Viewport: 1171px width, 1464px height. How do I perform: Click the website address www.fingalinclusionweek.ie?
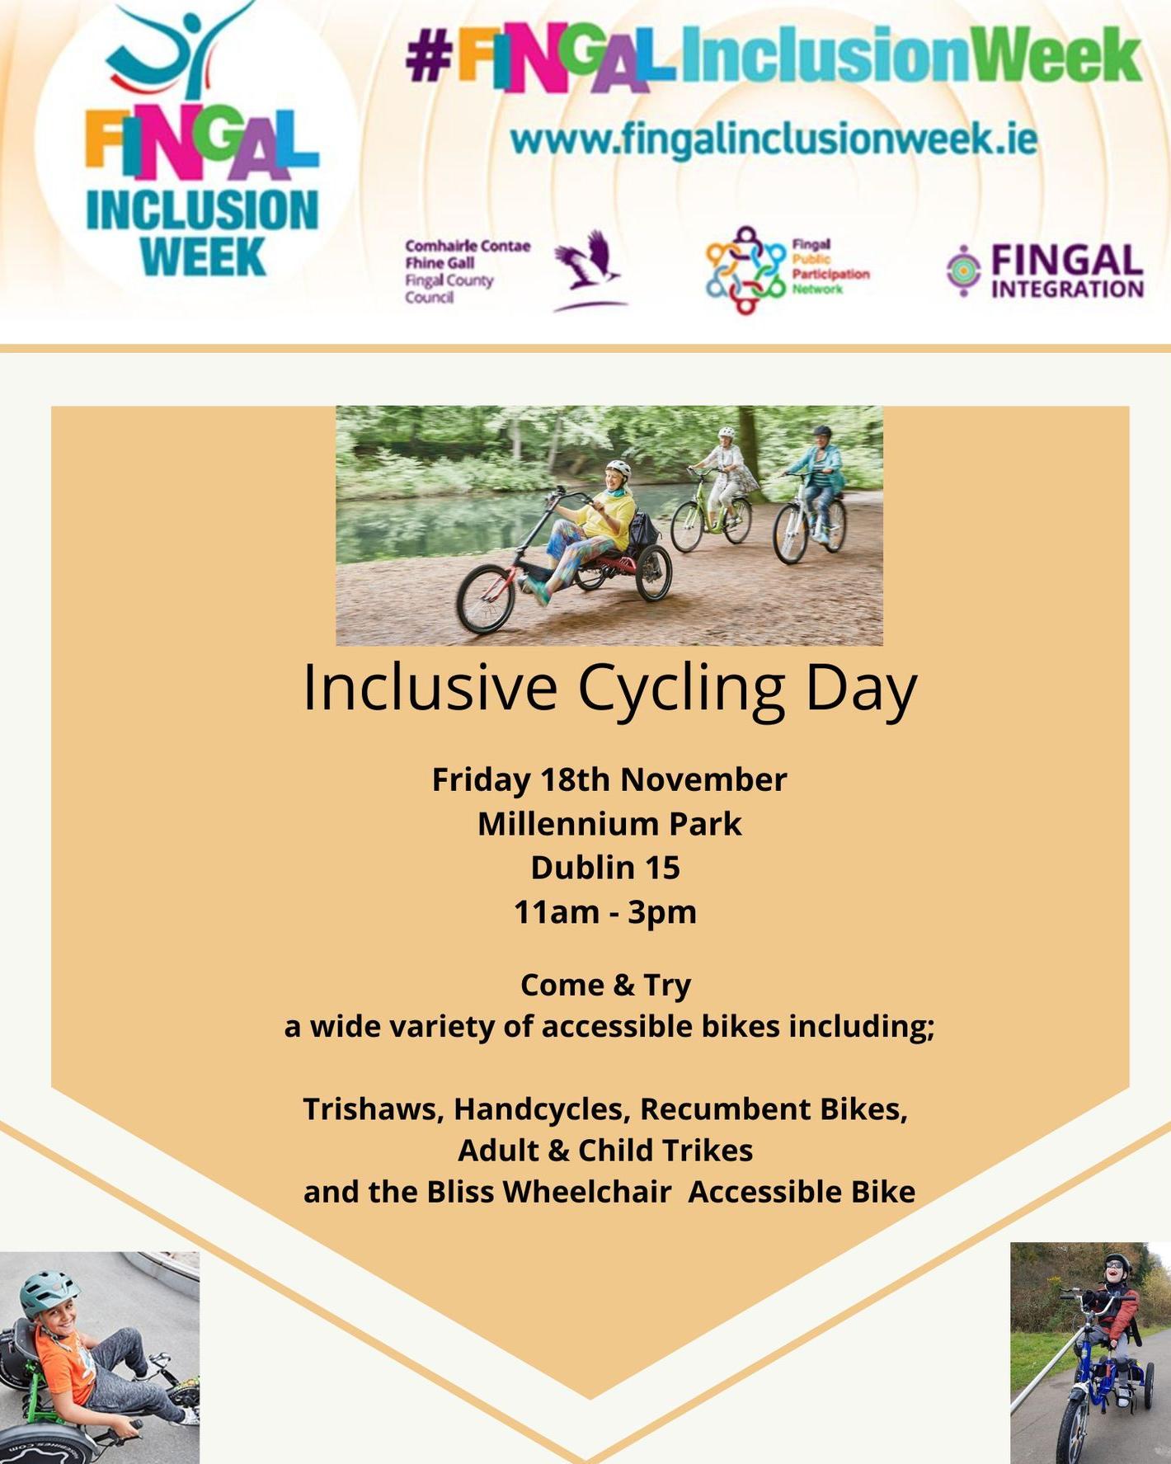[x=773, y=139]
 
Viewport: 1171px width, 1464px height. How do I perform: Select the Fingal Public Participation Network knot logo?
[x=745, y=271]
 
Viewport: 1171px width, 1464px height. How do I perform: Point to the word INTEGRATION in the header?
[x=1067, y=290]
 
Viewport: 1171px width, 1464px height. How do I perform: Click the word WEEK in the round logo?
[x=203, y=257]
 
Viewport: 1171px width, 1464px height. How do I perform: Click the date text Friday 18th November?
[x=609, y=779]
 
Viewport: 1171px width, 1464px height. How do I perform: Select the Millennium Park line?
[x=609, y=824]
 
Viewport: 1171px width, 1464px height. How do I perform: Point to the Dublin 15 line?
[x=605, y=868]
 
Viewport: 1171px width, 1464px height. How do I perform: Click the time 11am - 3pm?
[x=605, y=912]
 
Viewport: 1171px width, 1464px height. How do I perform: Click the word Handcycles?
[x=541, y=1109]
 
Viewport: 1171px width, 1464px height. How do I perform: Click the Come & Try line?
[x=605, y=985]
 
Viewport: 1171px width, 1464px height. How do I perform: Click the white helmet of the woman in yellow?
[x=618, y=468]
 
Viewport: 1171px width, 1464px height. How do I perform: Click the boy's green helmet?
[x=49, y=1292]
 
